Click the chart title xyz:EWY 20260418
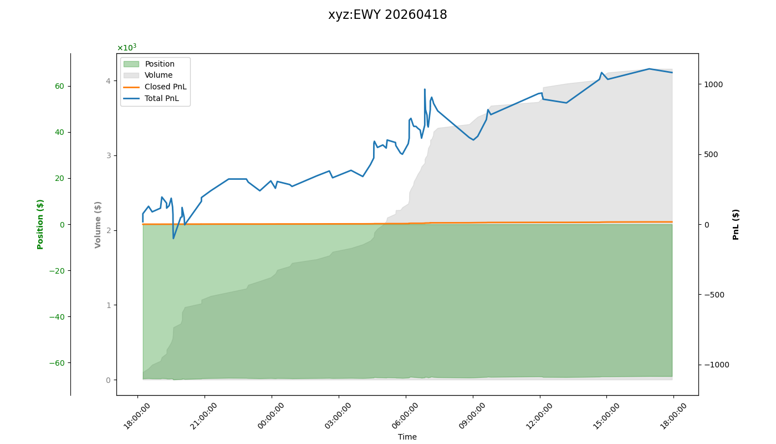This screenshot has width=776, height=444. [x=387, y=15]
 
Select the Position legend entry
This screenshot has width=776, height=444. [x=160, y=64]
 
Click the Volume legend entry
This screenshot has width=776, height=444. [x=159, y=75]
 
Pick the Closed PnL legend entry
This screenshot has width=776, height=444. [x=165, y=87]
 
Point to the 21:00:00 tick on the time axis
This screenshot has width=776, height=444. [x=205, y=415]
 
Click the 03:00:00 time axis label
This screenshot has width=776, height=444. [x=339, y=415]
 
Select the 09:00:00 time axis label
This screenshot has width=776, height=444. [x=473, y=415]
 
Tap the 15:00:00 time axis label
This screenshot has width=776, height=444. [x=606, y=415]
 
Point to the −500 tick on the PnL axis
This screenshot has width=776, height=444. [x=712, y=295]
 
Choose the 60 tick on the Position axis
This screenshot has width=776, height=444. [x=59, y=86]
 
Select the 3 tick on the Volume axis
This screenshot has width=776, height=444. [x=108, y=155]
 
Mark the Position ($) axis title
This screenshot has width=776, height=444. [x=40, y=224]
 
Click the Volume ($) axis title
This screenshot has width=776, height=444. [x=98, y=224]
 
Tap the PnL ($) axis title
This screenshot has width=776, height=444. [x=736, y=224]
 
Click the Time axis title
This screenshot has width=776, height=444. [x=407, y=437]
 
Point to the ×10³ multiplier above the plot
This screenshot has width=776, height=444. [x=126, y=48]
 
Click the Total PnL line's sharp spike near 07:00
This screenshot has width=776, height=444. [x=425, y=89]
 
